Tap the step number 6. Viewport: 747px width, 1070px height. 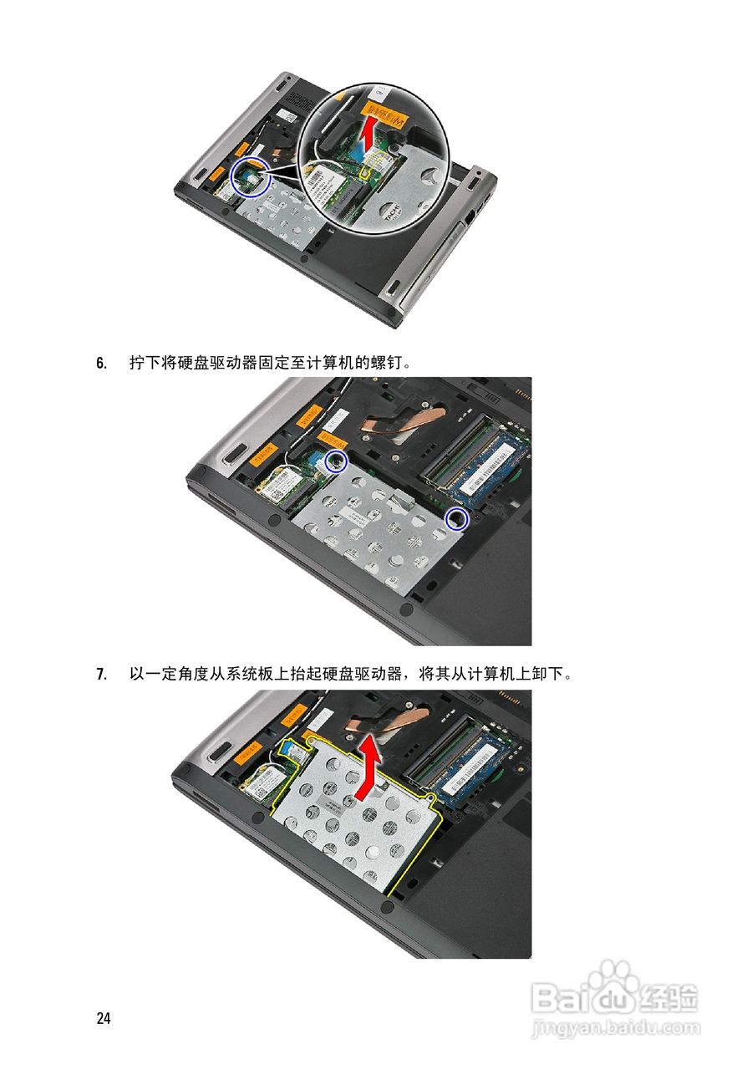tap(101, 363)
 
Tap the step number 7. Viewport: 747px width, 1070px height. tap(101, 674)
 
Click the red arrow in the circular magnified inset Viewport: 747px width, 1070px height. tap(368, 135)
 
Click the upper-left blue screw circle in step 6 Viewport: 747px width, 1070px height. tap(336, 461)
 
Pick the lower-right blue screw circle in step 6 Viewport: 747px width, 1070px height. tap(457, 519)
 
